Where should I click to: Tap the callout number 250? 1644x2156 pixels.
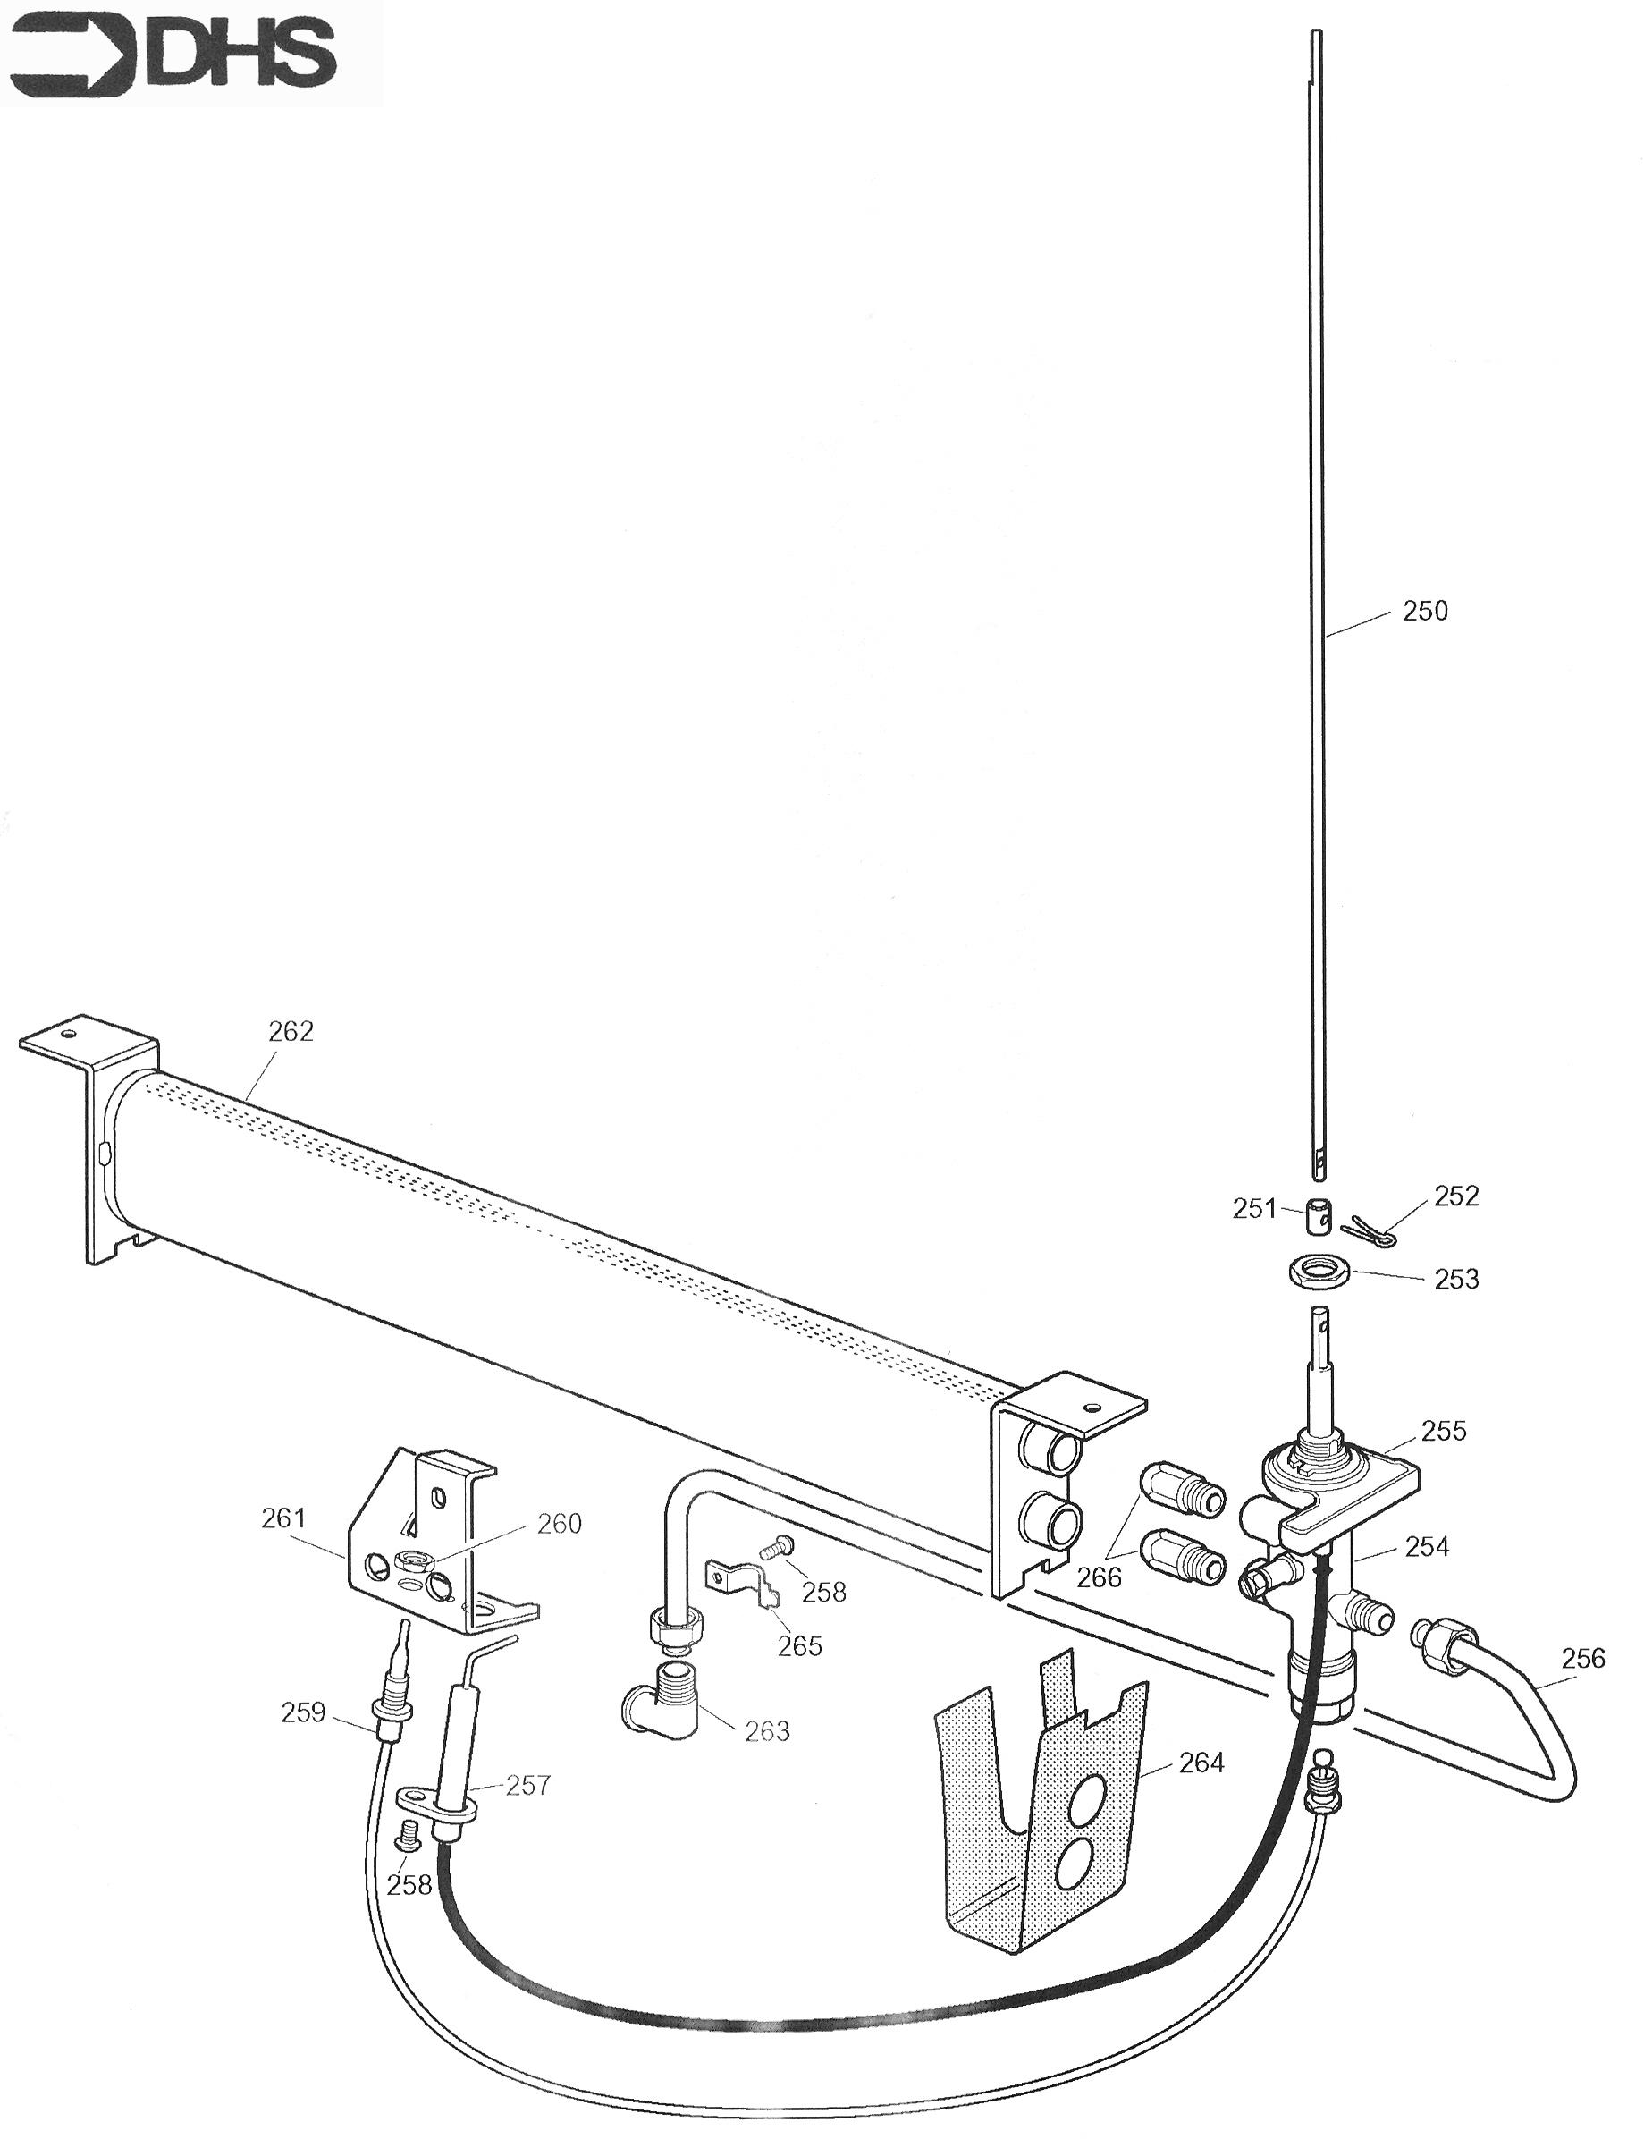coord(1425,611)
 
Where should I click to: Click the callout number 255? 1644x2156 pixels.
coord(1444,1431)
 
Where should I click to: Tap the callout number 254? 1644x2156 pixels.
coord(1427,1546)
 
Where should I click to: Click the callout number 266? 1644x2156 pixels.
coord(1099,1577)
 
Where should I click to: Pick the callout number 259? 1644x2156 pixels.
coord(302,1712)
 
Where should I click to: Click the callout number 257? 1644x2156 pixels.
coord(527,1785)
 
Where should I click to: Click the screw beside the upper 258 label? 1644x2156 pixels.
coord(776,1547)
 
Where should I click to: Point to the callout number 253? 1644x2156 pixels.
coord(1456,1279)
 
